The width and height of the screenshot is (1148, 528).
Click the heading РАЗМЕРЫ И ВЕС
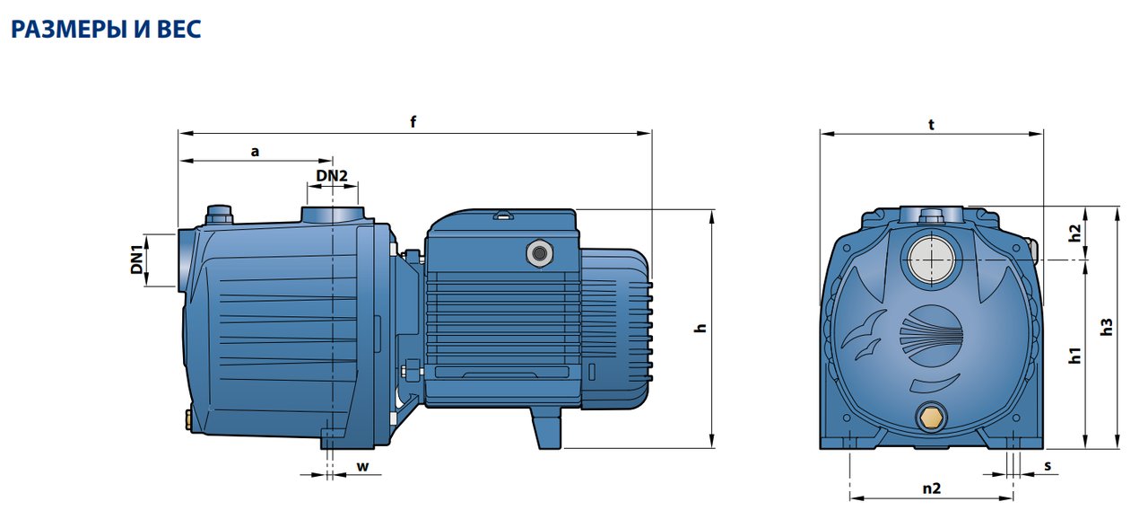click(106, 30)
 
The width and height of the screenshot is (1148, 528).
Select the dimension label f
click(413, 121)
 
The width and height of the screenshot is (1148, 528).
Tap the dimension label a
click(256, 152)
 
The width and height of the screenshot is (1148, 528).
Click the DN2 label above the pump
click(332, 175)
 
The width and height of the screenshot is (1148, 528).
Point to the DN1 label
click(137, 260)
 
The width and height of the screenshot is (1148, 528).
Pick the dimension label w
click(362, 467)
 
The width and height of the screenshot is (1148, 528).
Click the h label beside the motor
click(700, 329)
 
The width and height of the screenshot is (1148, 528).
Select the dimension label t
click(931, 125)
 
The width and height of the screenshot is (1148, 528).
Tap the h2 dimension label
click(1075, 233)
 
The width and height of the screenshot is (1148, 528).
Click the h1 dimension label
click(1075, 356)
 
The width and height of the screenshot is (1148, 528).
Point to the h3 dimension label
click(1107, 328)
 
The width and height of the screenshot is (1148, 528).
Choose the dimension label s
click(1048, 466)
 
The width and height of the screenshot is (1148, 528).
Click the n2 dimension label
click(932, 488)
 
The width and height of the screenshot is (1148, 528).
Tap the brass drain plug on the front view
click(931, 417)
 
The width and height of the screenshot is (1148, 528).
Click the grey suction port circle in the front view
click(931, 260)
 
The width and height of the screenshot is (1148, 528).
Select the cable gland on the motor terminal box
click(539, 253)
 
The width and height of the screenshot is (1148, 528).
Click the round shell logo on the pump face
click(931, 336)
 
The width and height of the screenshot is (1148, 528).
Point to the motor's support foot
click(546, 428)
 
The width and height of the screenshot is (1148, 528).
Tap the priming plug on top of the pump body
click(219, 215)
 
